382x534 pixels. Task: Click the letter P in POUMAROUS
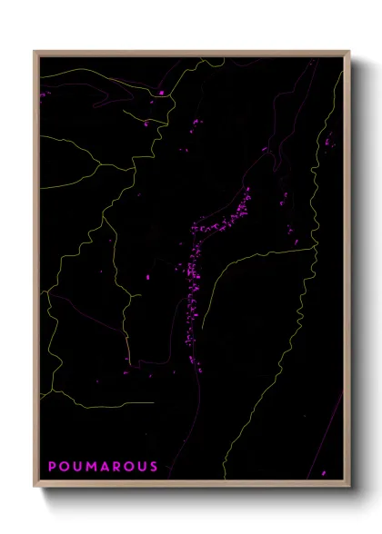click(x=52, y=467)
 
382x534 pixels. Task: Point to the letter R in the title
click(x=114, y=467)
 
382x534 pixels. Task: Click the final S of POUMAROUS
click(x=154, y=467)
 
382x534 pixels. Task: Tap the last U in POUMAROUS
click(x=141, y=467)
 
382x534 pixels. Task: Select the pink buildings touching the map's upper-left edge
click(x=43, y=93)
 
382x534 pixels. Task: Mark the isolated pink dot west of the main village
click(x=148, y=275)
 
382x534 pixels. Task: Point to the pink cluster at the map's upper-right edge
click(x=328, y=140)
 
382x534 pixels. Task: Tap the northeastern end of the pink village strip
click(x=247, y=193)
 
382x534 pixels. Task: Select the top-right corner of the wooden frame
click(x=349, y=52)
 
